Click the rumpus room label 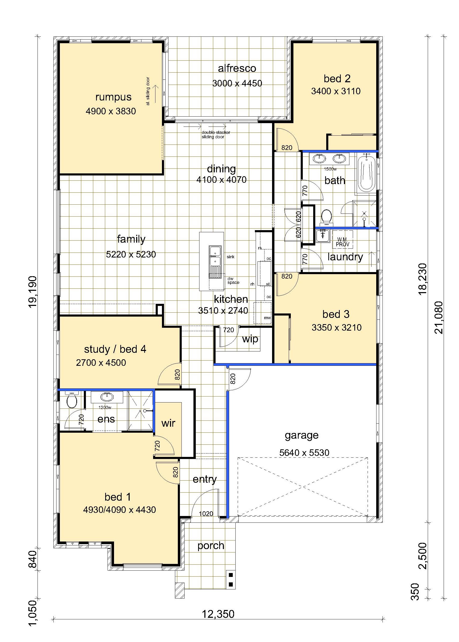click(113, 97)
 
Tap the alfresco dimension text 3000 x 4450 click(237, 83)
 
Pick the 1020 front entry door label click(206, 513)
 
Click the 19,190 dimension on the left click(33, 291)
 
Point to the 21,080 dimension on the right click(439, 317)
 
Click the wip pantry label click(250, 339)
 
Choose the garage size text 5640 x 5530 click(304, 453)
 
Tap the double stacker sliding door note click(216, 135)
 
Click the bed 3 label click(336, 314)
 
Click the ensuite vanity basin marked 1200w click(106, 397)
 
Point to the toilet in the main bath click(326, 216)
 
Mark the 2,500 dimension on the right click(424, 556)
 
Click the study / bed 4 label click(115, 349)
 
